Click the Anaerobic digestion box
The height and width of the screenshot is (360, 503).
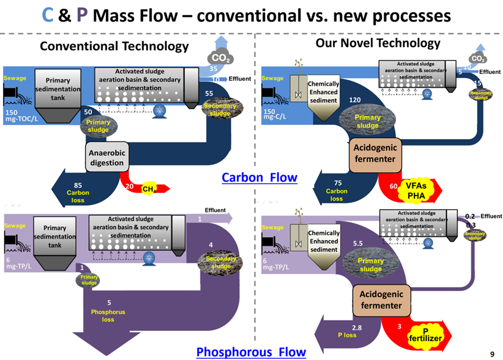pos(107,157)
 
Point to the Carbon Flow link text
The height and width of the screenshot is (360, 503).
pos(259,177)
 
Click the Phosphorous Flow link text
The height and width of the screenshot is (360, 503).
pos(251,352)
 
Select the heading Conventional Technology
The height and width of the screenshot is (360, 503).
pos(114,46)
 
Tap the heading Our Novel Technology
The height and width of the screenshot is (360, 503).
pos(378,42)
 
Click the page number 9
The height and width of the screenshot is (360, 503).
pos(493,354)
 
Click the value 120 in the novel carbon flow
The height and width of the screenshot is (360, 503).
pos(355,99)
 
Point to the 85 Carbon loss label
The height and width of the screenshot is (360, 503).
pos(77,193)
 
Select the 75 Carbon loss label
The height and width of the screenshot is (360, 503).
pos(337,190)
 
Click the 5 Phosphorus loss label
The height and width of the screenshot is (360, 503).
pos(108,311)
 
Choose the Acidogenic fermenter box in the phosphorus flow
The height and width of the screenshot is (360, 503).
pos(381,300)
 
